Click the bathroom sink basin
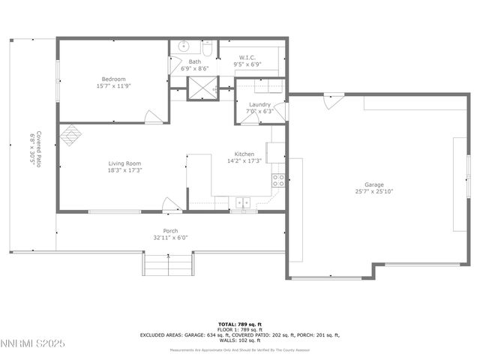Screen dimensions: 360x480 point(184,46)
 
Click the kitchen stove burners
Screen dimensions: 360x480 point(277,180)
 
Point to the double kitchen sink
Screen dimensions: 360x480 point(243,202)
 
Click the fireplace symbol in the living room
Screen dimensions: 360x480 point(70,134)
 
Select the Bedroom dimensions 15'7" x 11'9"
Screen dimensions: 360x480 point(114,85)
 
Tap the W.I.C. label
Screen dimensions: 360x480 point(247,58)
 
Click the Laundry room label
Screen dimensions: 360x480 point(259,104)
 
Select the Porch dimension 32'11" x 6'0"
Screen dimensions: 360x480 point(170,238)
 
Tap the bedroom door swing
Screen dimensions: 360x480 point(153,116)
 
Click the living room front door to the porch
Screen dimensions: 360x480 point(172,204)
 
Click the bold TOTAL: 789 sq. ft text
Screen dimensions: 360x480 point(238,323)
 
